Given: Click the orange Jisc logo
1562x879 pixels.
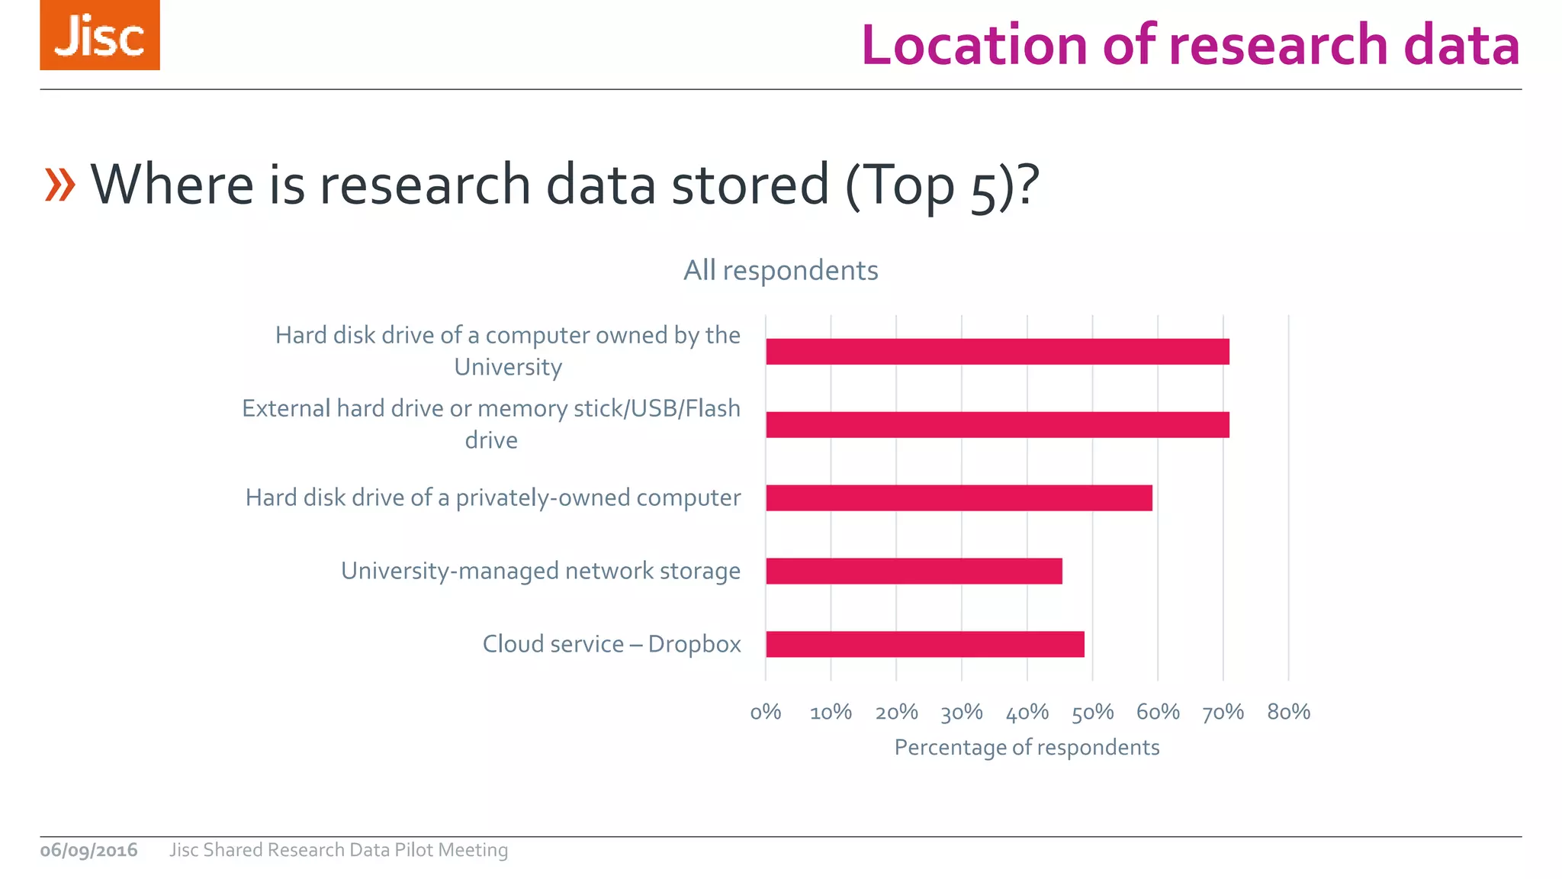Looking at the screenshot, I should coord(100,35).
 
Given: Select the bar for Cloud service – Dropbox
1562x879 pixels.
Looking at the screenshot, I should coord(924,644).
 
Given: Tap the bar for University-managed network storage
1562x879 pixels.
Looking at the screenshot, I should coord(914,571).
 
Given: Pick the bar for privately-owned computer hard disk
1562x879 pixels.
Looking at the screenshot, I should coord(959,497).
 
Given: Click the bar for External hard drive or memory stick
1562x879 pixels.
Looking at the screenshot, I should coord(997,424).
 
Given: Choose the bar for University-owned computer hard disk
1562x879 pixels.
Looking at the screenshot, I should coord(997,351).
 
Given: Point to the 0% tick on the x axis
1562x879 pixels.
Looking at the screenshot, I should coord(766,712).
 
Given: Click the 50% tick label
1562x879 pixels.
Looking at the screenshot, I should coord(1092,712).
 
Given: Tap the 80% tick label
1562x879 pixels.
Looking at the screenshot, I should coord(1288,712).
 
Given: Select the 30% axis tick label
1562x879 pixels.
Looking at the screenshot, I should coord(961,712).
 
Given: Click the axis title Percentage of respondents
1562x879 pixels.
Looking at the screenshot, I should coord(1027,747).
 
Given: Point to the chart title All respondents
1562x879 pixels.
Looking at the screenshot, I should coord(780,270).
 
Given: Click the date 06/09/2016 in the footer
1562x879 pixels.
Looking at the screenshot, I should coord(88,850).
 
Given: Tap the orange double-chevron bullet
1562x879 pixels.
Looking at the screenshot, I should coord(60,185).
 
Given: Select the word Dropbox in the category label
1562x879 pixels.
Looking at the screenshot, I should coord(694,644).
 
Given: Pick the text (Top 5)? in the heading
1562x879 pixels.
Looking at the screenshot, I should coord(942,185).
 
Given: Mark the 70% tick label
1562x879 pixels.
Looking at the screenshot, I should coord(1223,712).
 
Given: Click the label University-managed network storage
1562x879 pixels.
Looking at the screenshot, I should coord(540,571).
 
